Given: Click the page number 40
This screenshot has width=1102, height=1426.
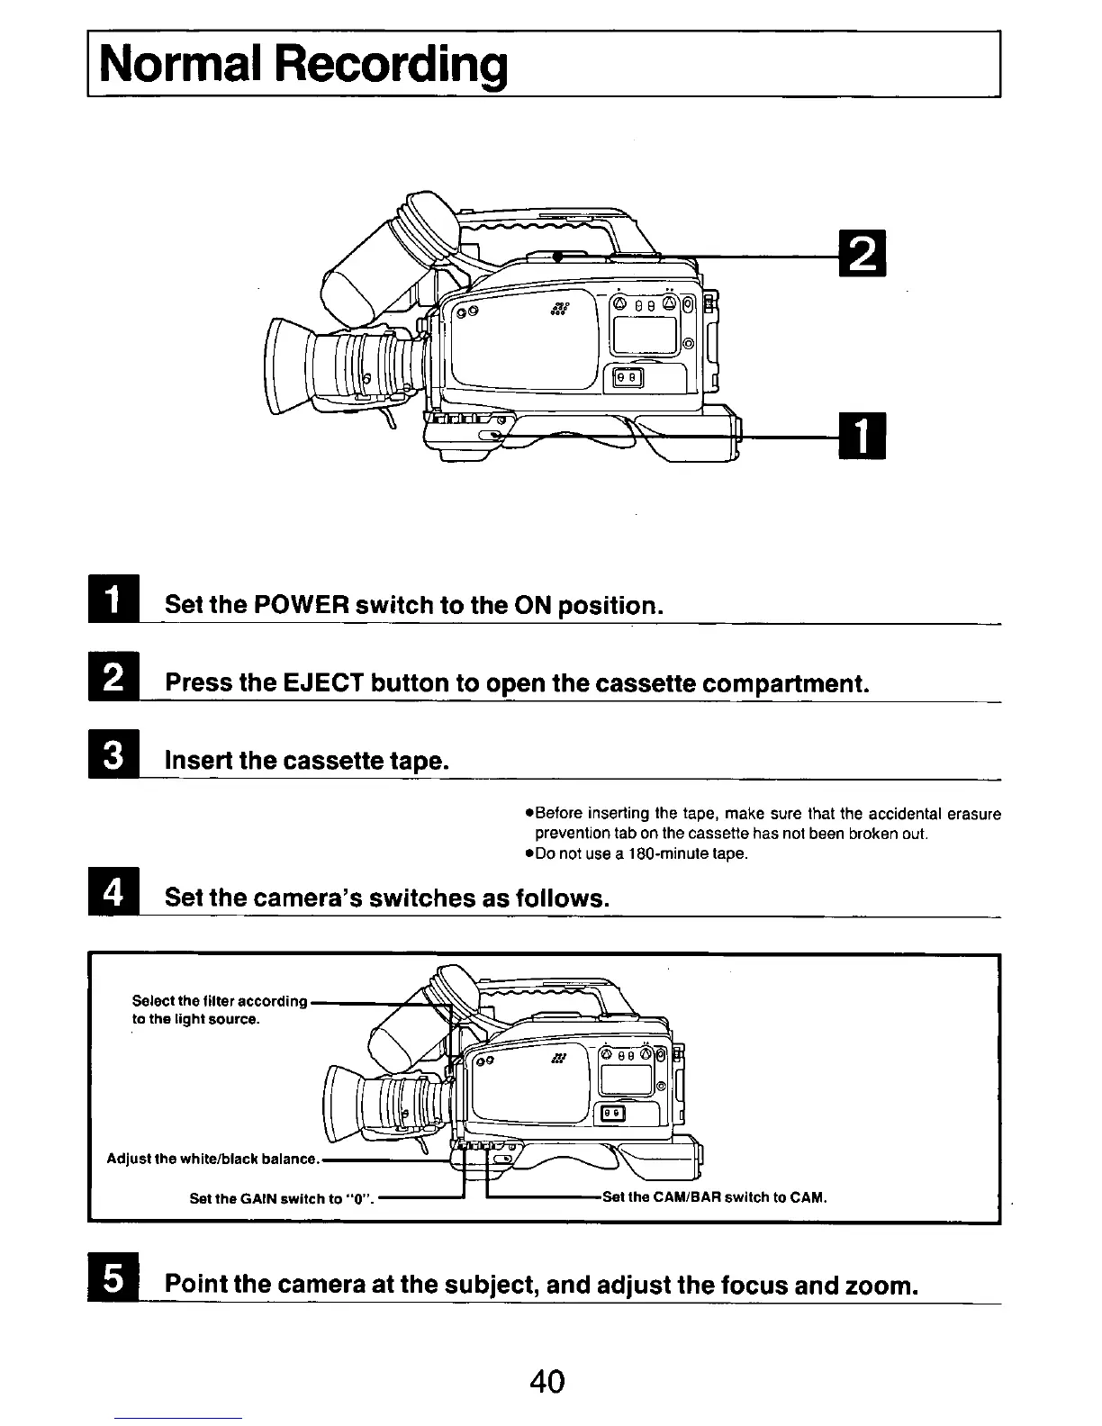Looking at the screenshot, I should [x=547, y=1380].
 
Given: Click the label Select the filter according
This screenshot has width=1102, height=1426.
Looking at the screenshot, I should [x=220, y=1001].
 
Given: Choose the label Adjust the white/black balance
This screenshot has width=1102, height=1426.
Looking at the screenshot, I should [x=212, y=1158].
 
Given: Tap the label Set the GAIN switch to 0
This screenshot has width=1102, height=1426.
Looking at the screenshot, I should [x=282, y=1198].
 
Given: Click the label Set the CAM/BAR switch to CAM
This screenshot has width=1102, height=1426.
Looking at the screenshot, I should [x=714, y=1197].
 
